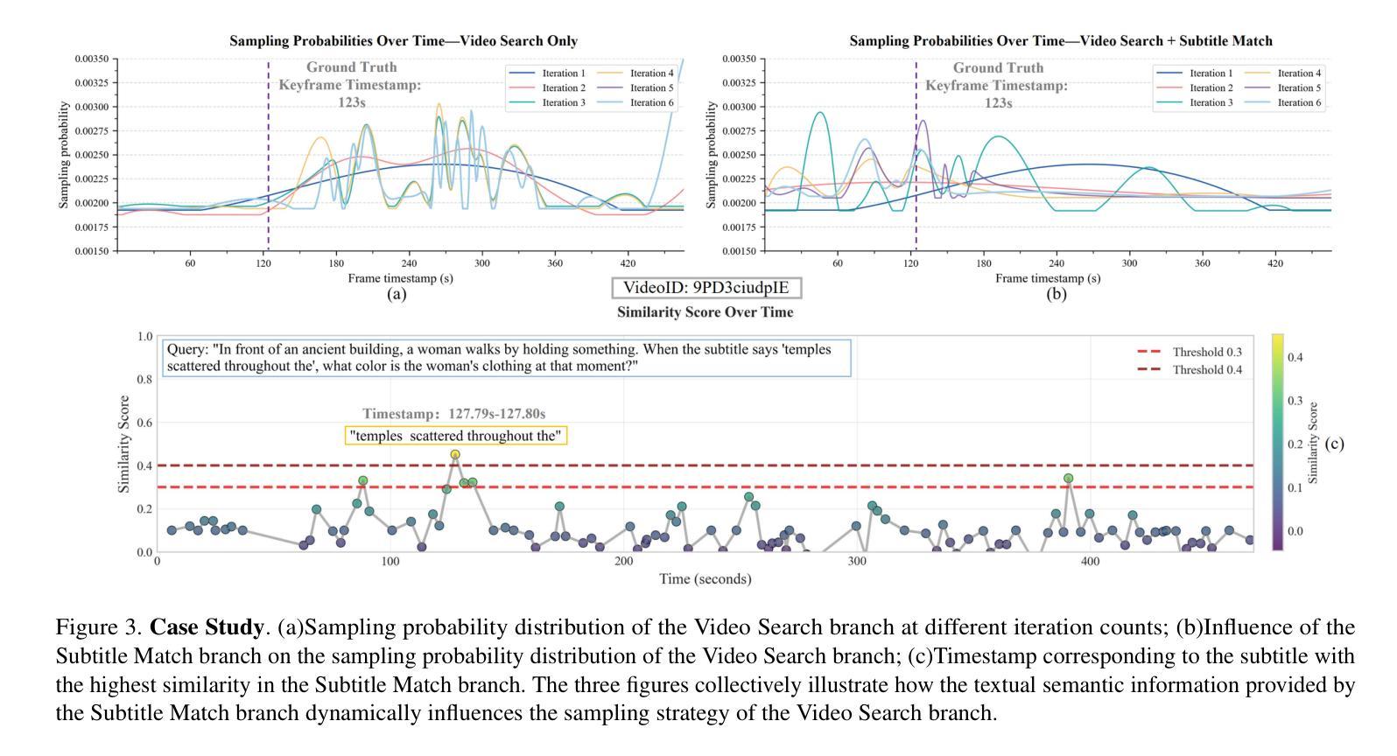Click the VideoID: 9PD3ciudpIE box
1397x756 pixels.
pos(706,287)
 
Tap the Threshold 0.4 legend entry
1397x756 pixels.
pos(1190,369)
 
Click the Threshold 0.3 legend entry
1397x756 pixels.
pos(1190,352)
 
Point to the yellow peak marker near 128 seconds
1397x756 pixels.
pos(455,454)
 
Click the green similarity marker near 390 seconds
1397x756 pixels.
pos(1069,478)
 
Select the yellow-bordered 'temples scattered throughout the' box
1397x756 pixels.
pos(456,435)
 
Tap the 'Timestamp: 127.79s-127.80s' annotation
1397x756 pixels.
pos(454,414)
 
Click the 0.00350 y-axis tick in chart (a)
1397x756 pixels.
pos(91,59)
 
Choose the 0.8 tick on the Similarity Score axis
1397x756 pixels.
pos(144,379)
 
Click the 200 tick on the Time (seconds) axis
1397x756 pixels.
pos(623,561)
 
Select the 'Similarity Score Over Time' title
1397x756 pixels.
pos(705,311)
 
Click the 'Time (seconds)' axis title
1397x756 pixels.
pos(705,578)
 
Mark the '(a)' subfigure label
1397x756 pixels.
pos(397,294)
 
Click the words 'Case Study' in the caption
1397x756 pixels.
pos(207,627)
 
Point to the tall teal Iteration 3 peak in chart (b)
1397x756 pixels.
pos(819,112)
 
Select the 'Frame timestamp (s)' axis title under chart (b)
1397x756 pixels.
pos(1048,278)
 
